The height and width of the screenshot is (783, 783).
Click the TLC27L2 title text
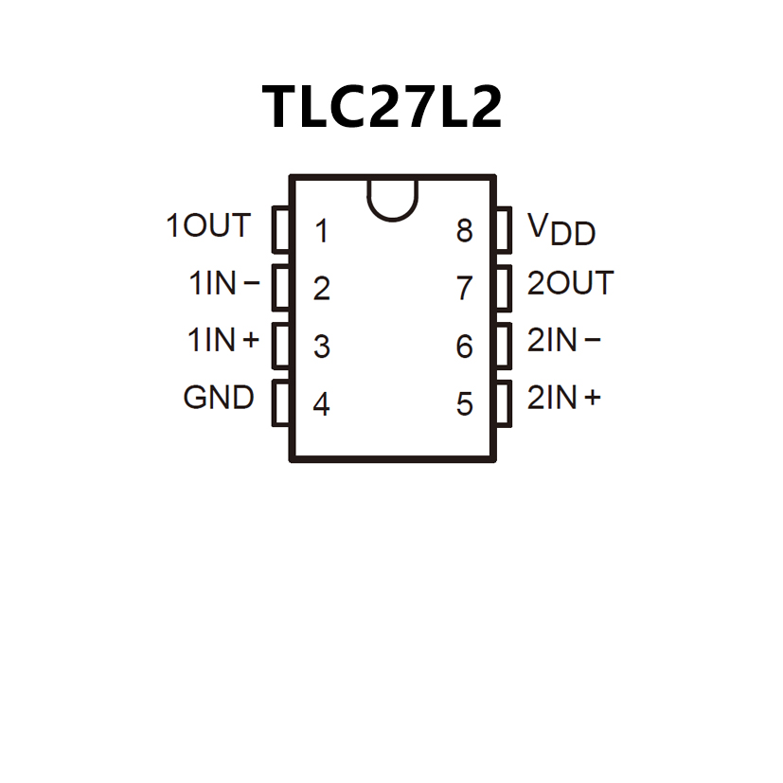[382, 106]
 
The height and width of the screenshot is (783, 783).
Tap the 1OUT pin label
[208, 226]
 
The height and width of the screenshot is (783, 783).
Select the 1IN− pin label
[224, 283]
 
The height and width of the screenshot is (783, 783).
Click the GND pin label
[219, 398]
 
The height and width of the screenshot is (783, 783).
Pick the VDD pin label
[561, 228]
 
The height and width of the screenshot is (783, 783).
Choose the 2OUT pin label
[570, 283]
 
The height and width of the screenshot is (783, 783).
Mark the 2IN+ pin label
[563, 398]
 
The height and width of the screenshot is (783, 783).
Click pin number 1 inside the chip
[322, 231]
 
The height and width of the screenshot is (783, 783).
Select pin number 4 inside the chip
[322, 405]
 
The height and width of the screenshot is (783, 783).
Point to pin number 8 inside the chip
[464, 231]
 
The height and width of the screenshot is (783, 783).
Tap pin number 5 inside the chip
[464, 405]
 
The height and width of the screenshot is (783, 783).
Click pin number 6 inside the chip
[464, 347]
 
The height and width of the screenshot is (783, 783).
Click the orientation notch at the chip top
[392, 199]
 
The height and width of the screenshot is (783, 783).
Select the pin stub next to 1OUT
[280, 230]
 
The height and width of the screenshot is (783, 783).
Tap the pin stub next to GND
[280, 404]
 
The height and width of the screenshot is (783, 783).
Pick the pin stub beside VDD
[504, 230]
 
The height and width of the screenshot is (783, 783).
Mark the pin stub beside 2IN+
[504, 404]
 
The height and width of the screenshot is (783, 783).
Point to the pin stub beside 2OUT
[504, 288]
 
